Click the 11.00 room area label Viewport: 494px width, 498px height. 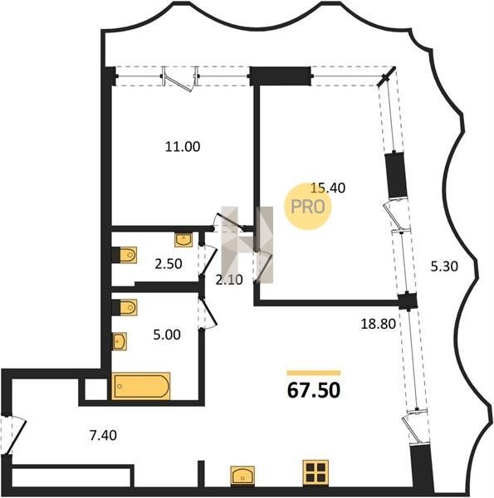click(x=183, y=147)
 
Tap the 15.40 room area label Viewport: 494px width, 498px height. click(x=328, y=188)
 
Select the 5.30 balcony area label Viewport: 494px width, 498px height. click(x=444, y=266)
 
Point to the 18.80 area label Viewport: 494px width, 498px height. click(x=379, y=324)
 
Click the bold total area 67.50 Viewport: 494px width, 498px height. click(x=314, y=390)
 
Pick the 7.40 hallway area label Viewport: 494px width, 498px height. click(x=103, y=435)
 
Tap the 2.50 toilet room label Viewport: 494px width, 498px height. click(x=169, y=264)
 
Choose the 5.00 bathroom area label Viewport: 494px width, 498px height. click(x=167, y=334)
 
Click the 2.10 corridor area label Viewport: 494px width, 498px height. click(x=229, y=280)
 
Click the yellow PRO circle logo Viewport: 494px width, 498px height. click(x=308, y=207)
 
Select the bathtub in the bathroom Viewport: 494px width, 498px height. click(x=141, y=386)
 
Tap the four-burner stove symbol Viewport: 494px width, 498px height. click(x=315, y=473)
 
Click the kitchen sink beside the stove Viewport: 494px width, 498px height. click(x=242, y=476)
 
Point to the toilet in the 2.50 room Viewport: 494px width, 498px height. click(x=125, y=255)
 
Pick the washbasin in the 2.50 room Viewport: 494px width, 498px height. click(x=183, y=240)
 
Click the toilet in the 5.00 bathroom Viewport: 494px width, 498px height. click(x=125, y=307)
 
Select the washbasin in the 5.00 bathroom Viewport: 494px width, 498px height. click(x=120, y=341)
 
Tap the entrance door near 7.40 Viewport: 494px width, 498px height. click(x=12, y=435)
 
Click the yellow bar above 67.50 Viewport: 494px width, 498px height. click(x=314, y=373)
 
